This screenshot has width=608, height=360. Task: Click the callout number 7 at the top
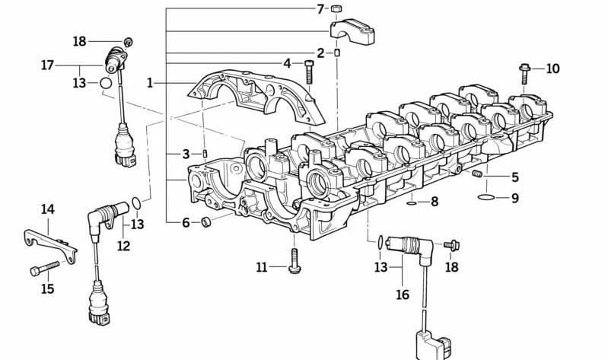pyautogui.click(x=320, y=9)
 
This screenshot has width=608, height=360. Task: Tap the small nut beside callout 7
pyautogui.click(x=336, y=8)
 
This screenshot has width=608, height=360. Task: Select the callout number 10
pyautogui.click(x=553, y=69)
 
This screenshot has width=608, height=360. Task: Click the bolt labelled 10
pyautogui.click(x=524, y=74)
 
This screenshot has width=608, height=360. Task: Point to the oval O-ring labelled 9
pyautogui.click(x=486, y=197)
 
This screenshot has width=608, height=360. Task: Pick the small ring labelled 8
pyautogui.click(x=412, y=202)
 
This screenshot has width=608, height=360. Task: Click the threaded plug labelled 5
pyautogui.click(x=477, y=174)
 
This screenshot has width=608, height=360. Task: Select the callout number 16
pyautogui.click(x=403, y=295)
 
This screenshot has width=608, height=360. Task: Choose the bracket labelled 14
pyautogui.click(x=50, y=245)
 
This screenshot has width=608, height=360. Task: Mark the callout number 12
pyautogui.click(x=124, y=246)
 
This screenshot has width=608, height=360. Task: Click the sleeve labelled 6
pyautogui.click(x=206, y=222)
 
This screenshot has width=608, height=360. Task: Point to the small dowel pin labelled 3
pyautogui.click(x=205, y=154)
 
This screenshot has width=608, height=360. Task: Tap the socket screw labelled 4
pyautogui.click(x=309, y=72)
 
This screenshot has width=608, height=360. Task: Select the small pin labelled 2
pyautogui.click(x=337, y=53)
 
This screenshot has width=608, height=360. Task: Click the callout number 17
pyautogui.click(x=47, y=65)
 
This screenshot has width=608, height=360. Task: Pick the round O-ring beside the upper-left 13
pyautogui.click(x=106, y=83)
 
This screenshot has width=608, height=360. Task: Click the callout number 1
pyautogui.click(x=150, y=83)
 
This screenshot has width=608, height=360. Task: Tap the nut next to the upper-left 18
pyautogui.click(x=128, y=42)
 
